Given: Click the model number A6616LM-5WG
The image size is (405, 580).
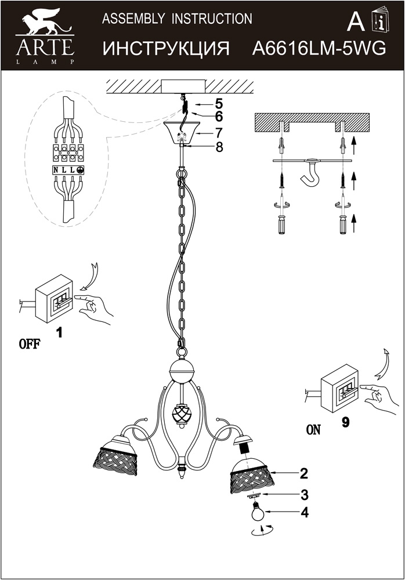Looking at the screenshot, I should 319,49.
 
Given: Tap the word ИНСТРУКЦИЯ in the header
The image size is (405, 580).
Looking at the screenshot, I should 166,49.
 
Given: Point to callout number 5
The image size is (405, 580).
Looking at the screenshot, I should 219,104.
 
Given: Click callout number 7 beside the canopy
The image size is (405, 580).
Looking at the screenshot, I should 219,132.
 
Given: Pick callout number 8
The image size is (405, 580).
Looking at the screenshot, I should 219,147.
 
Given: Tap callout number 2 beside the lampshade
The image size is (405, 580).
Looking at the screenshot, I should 303,473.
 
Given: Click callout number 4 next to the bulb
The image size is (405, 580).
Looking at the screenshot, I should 303,512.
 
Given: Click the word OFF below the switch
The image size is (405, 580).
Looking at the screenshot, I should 30,343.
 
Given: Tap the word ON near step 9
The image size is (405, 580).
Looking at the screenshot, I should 313,430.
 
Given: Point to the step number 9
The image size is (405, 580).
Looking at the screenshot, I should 345,423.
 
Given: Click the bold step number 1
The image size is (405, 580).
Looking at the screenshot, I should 59,332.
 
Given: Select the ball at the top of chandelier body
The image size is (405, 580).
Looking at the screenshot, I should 181,370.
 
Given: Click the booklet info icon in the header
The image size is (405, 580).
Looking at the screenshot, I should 380,22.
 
